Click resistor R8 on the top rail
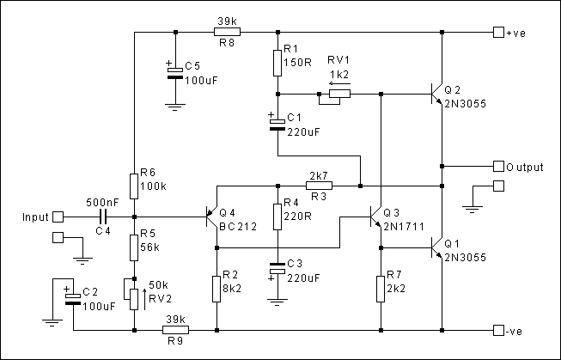(227, 33)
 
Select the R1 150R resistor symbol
(277, 63)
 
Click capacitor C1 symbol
(277, 124)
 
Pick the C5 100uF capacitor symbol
(175, 70)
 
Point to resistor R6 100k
(135, 186)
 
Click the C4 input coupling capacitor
(102, 217)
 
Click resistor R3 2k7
(319, 185)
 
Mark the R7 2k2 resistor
(381, 289)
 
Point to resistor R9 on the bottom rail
(175, 329)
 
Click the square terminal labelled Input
(58, 217)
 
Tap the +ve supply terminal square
(498, 33)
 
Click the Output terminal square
(499, 166)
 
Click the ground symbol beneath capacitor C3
(277, 302)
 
